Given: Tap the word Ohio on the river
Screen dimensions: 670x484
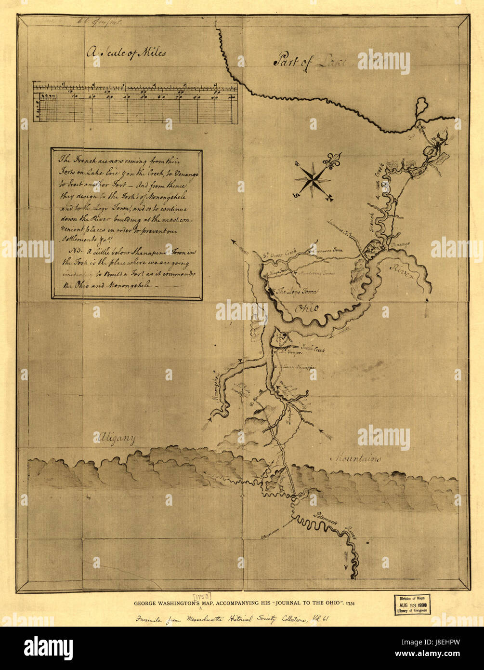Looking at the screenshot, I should [x=306, y=308].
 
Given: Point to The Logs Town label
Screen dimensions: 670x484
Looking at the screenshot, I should [x=295, y=291].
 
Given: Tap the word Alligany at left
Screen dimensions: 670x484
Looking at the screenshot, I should [x=116, y=439].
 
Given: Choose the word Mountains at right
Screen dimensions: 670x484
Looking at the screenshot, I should [x=356, y=458].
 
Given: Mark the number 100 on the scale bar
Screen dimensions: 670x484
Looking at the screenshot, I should [x=232, y=97].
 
